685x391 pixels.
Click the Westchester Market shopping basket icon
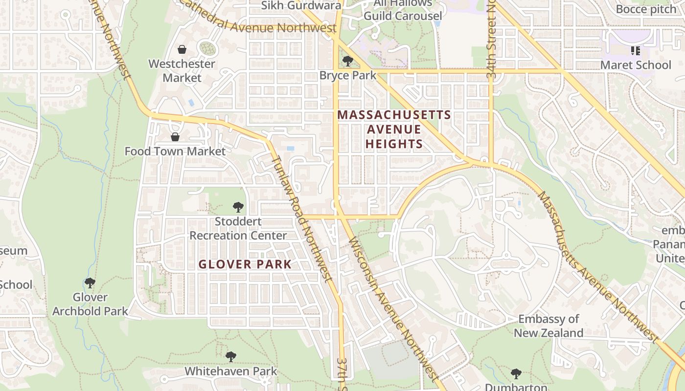point(182,49)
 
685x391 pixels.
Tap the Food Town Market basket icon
point(175,137)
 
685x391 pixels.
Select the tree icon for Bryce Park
point(348,61)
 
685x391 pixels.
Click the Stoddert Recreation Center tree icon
point(238,207)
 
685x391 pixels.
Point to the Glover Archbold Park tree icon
point(90,283)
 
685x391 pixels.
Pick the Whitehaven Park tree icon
point(230,357)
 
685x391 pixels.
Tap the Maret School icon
point(636,50)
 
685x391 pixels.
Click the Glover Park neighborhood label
point(245,264)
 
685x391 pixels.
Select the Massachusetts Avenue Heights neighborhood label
point(394,129)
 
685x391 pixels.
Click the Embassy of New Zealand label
point(548,326)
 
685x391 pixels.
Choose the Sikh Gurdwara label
point(301,5)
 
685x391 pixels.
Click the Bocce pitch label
point(646,9)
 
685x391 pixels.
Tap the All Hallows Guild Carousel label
point(403,10)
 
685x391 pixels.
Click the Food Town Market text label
point(175,152)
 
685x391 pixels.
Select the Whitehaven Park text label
point(230,371)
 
